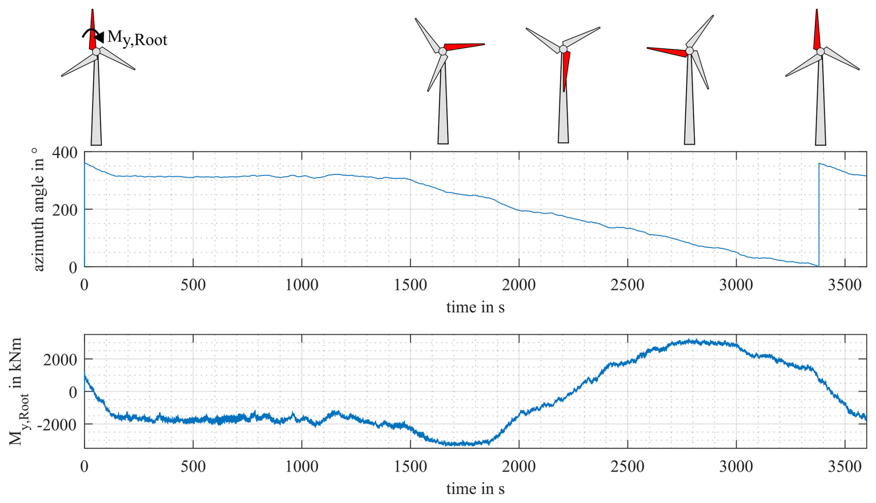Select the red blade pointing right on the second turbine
pos(464,46)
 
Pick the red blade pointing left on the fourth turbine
pos(667,51)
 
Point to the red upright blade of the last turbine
pos(817,30)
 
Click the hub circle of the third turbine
pos(563,49)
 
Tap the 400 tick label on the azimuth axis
pos(65,152)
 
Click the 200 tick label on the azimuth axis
pos(65,210)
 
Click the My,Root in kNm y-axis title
pos(18,391)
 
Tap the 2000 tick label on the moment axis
pos(60,359)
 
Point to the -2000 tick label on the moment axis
pos(58,424)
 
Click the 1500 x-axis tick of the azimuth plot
pos(410,284)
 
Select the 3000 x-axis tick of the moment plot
pos(736,466)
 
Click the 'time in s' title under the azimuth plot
pos(475,307)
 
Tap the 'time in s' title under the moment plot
pos(475,489)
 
